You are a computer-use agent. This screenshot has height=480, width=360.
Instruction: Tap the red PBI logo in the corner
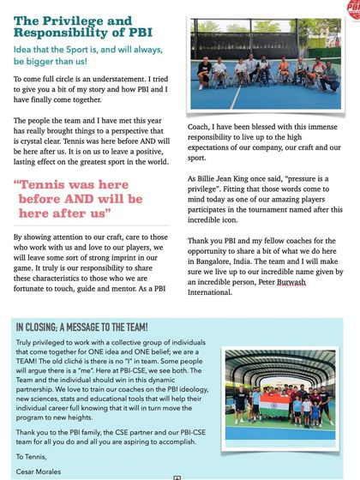pyautogui.click(x=352, y=9)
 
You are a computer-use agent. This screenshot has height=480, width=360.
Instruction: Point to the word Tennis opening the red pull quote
pyautogui.click(x=45, y=183)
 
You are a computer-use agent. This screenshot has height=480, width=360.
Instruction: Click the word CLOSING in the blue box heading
pyautogui.click(x=47, y=327)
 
